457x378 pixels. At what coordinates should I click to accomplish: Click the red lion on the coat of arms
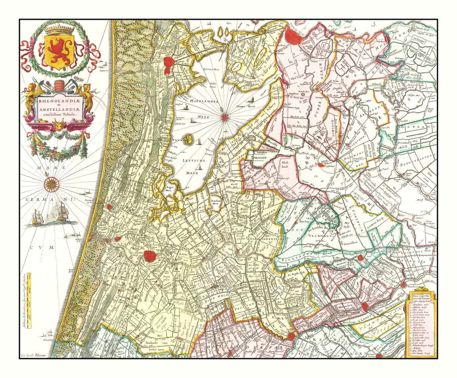pyautogui.click(x=59, y=50)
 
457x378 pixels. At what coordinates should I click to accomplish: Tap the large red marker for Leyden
pyautogui.click(x=149, y=256)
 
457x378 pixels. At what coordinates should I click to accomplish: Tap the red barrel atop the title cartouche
pyautogui.click(x=59, y=84)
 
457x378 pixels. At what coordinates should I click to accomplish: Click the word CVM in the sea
pyautogui.click(x=47, y=248)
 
